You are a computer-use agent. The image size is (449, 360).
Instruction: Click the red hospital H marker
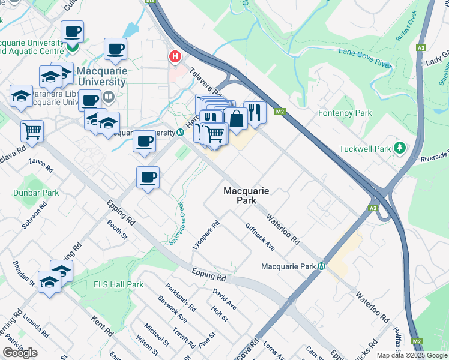175,57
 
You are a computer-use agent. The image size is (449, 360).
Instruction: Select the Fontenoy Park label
345,113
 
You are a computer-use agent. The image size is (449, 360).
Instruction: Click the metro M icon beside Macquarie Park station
322,266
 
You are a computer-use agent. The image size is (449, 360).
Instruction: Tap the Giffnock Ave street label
259,237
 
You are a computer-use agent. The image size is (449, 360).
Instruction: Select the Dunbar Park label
36,193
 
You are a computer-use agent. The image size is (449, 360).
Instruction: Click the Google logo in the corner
20,353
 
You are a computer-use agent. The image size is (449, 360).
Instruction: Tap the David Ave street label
224,299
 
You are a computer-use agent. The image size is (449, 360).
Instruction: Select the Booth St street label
118,230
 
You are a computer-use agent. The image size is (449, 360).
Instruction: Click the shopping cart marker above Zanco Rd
32,130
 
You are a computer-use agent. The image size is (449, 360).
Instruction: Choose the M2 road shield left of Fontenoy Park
279,111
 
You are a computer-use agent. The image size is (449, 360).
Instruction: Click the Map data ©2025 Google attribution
411,355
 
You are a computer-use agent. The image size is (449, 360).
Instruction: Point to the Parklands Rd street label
181,297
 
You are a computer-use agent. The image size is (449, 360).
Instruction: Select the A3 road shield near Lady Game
421,47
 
